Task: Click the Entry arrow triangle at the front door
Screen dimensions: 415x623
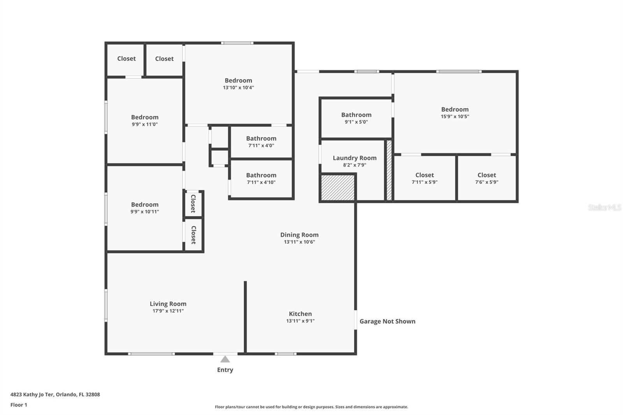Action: (225, 359)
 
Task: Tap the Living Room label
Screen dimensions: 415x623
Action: (168, 304)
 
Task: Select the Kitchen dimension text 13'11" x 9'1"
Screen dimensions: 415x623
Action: (300, 321)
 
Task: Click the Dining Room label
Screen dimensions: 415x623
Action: (299, 235)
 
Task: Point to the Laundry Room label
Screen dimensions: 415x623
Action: (354, 158)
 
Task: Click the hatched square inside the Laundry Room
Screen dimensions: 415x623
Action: (337, 188)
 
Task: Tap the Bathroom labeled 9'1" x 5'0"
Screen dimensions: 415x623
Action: (356, 118)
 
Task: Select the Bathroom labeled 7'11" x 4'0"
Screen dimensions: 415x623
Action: (261, 142)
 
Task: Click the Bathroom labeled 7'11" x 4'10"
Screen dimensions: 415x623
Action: (261, 178)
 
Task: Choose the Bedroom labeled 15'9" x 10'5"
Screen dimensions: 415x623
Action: (454, 113)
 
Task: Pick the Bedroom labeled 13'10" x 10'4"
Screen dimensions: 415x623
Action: (238, 84)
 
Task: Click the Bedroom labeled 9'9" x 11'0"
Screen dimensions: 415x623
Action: (144, 120)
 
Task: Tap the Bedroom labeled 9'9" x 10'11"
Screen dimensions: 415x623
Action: (144, 207)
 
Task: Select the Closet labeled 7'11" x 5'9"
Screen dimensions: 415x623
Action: (424, 178)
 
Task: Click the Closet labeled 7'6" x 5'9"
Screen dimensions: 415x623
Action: (486, 178)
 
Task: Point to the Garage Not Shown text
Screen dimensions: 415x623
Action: (387, 321)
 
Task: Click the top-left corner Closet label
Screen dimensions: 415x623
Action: (126, 59)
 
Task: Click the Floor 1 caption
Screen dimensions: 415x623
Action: (19, 405)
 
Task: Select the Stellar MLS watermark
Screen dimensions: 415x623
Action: (604, 207)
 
